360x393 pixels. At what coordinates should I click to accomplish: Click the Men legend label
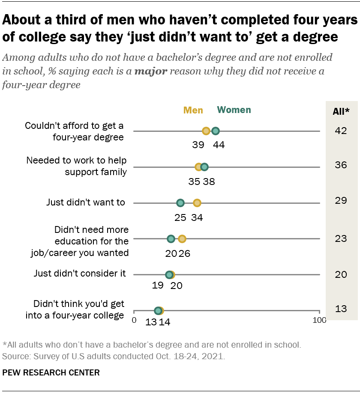click(193, 110)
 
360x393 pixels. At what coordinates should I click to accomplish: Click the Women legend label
click(234, 110)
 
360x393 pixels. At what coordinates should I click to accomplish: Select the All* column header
click(341, 112)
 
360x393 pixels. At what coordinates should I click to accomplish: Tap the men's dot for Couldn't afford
click(206, 131)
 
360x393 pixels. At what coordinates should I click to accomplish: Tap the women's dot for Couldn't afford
click(216, 131)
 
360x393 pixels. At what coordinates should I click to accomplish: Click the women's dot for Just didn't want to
click(180, 202)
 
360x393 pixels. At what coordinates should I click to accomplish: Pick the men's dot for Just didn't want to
click(197, 202)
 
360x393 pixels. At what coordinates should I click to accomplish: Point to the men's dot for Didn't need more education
click(182, 238)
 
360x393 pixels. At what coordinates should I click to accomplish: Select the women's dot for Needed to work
click(204, 167)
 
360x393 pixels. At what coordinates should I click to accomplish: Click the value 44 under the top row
click(219, 145)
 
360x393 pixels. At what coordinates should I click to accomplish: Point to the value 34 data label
click(197, 217)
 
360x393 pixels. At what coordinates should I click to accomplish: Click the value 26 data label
click(184, 253)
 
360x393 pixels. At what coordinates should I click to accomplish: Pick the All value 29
click(341, 200)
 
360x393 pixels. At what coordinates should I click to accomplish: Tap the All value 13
click(341, 309)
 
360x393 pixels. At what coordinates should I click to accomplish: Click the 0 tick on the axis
click(134, 320)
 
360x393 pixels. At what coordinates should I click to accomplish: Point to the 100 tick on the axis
click(319, 320)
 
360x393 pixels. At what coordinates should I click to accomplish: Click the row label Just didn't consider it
click(80, 273)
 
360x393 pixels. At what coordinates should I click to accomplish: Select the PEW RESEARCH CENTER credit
click(51, 372)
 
